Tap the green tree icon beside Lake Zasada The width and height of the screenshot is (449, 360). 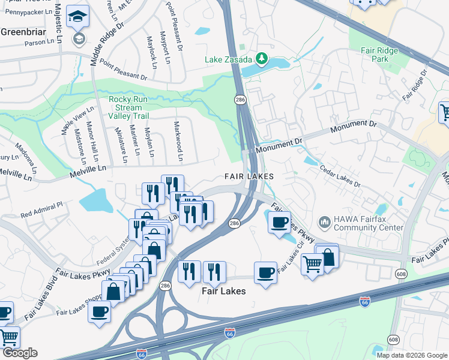click(261, 58)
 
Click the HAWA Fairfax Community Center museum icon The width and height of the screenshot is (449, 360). click(324, 223)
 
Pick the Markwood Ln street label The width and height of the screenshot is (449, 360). click(178, 142)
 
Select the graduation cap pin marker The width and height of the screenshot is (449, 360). click(77, 18)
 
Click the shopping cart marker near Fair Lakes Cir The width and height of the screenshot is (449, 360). click(312, 263)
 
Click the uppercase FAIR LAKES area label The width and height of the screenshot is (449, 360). click(249, 176)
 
